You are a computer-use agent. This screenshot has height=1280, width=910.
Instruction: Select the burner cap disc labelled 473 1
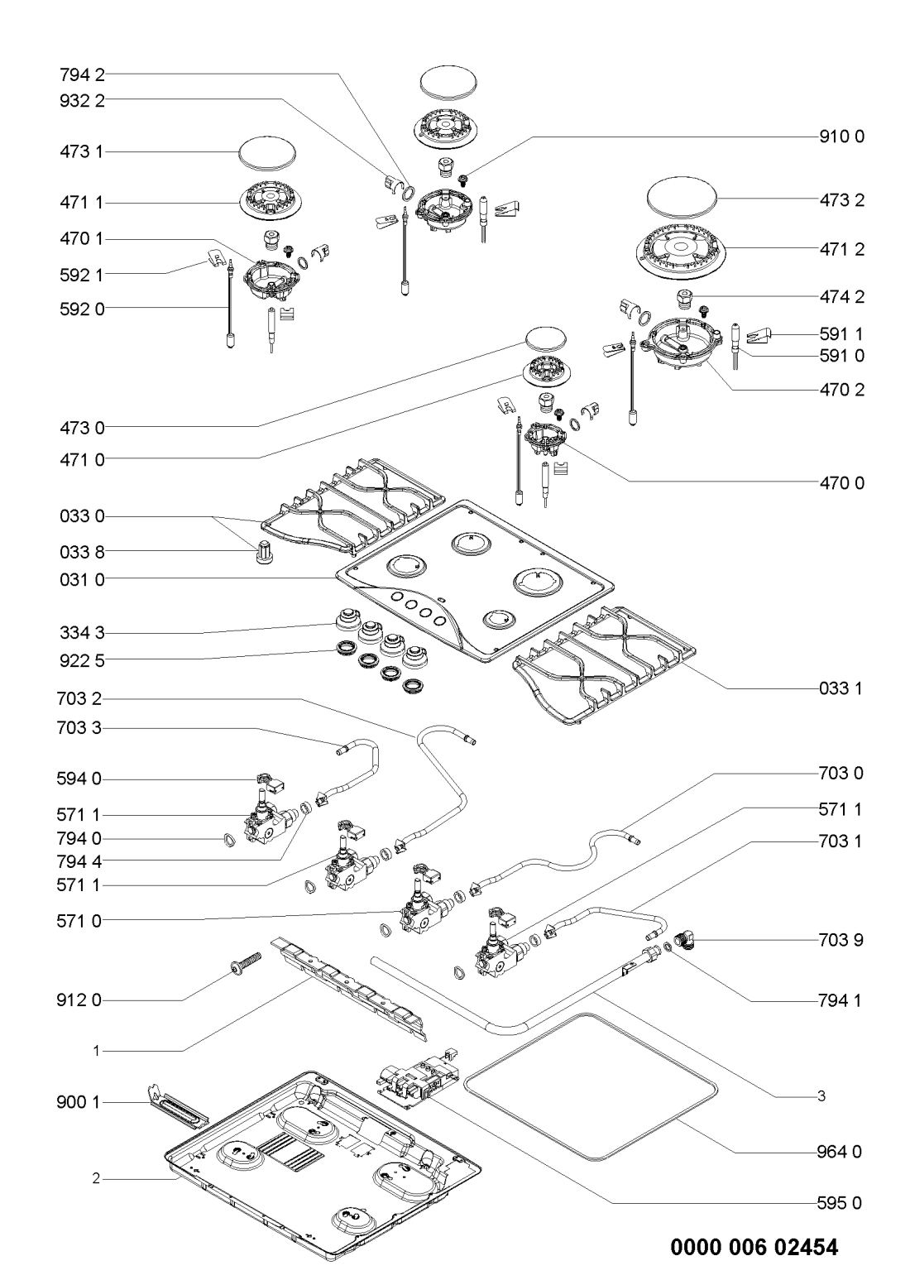(267, 153)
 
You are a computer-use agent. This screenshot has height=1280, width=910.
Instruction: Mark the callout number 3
(821, 1096)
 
